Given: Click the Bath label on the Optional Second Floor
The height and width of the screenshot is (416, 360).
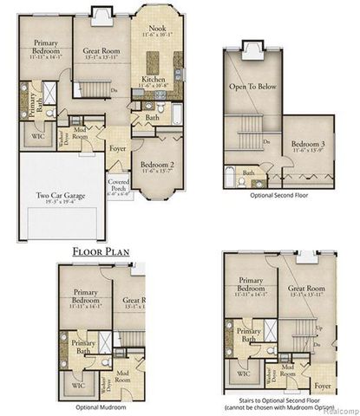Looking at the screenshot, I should pyautogui.click(x=248, y=173).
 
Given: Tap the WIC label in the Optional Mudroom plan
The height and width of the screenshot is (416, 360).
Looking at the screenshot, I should pyautogui.click(x=78, y=383).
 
